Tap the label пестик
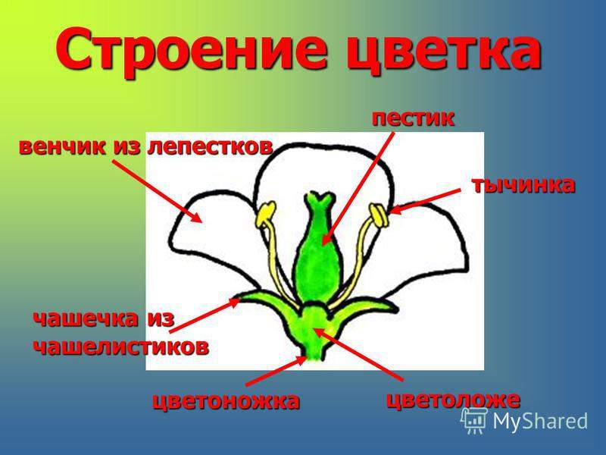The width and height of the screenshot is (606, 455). [x=413, y=118]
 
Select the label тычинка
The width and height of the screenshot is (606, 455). [x=523, y=184]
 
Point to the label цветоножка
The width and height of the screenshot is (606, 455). [x=226, y=401]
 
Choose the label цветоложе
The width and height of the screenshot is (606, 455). [x=453, y=400]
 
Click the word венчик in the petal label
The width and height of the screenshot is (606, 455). [x=62, y=146]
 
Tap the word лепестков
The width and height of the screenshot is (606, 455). [x=211, y=147]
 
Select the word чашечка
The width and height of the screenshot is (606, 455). [x=85, y=318]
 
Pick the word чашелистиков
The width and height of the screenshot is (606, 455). [x=121, y=347]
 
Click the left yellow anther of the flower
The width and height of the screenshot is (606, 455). [x=267, y=213]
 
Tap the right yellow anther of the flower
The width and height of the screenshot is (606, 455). [x=378, y=216]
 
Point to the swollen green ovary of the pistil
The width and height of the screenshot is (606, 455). [x=318, y=267]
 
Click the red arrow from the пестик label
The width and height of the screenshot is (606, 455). [x=358, y=188]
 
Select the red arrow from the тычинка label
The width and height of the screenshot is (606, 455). [x=425, y=201]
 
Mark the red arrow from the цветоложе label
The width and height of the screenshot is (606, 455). [x=358, y=354]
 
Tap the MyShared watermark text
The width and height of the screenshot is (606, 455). [x=540, y=421]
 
